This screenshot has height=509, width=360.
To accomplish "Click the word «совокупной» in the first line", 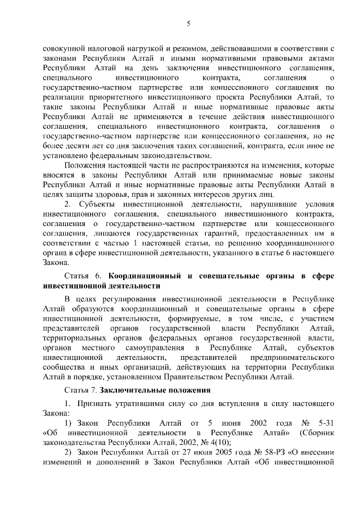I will pos(64,49).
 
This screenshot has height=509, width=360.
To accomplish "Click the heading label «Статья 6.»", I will pos(85,276).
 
